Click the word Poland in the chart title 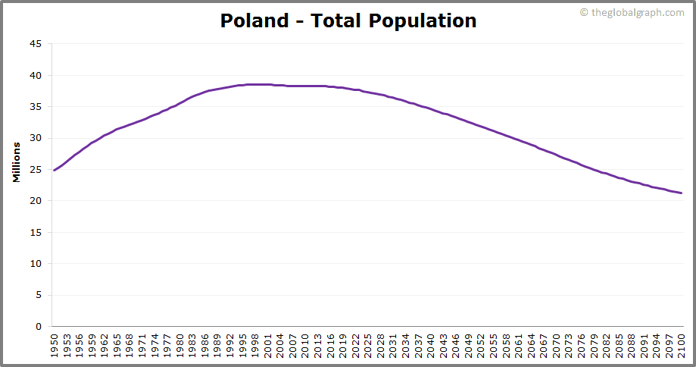click(254, 20)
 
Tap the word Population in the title click(423, 21)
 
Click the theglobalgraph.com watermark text click(637, 12)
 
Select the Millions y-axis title click(17, 162)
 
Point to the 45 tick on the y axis click(36, 44)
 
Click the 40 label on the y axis click(36, 75)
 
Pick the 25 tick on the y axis click(36, 170)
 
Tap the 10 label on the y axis click(36, 264)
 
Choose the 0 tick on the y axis click(39, 327)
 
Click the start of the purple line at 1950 click(55, 170)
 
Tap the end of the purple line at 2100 click(682, 193)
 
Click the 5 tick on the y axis click(39, 296)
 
